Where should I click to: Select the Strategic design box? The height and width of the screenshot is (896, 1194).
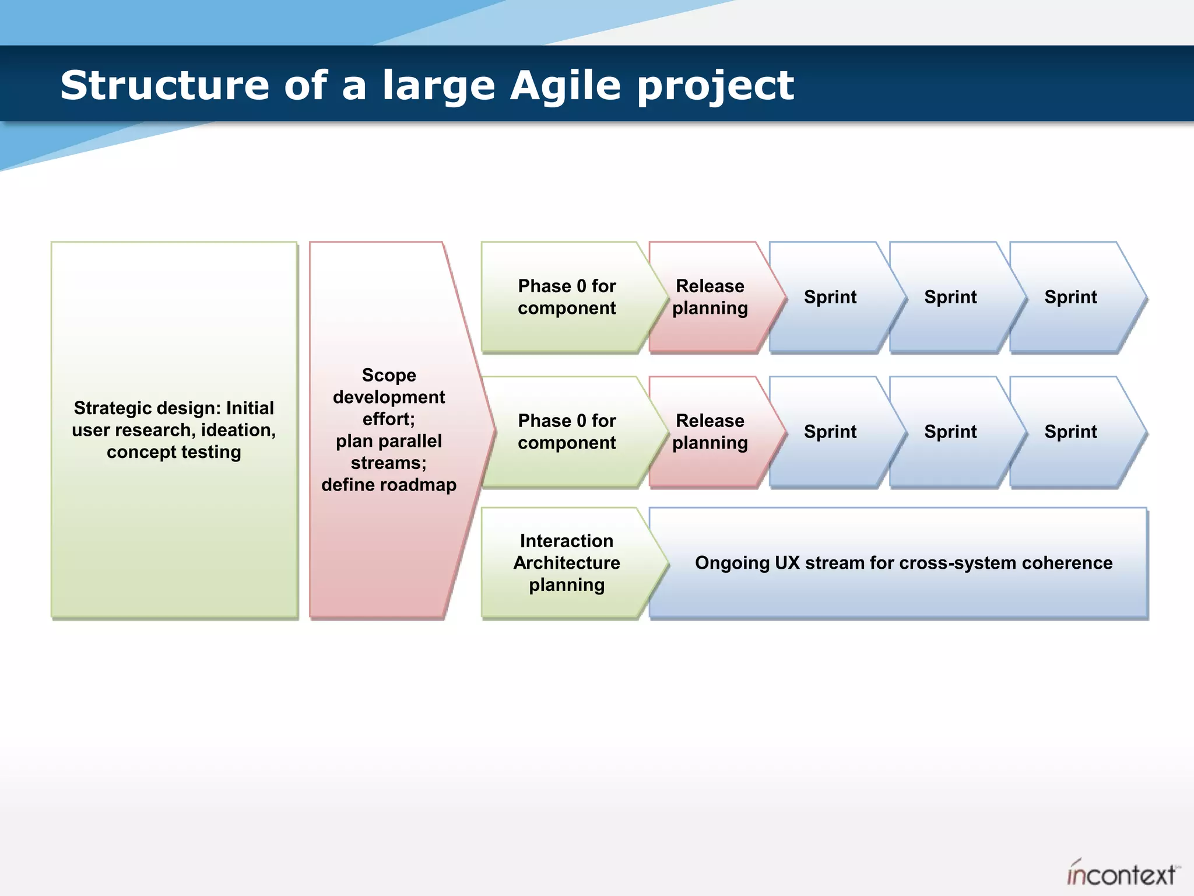point(174,430)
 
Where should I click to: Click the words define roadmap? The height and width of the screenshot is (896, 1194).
point(389,485)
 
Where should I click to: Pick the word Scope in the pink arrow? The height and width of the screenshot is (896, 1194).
point(389,375)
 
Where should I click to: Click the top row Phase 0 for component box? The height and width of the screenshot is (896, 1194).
point(567,297)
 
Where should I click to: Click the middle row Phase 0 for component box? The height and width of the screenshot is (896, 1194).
point(567,432)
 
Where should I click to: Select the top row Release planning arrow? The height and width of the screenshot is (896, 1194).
point(710,297)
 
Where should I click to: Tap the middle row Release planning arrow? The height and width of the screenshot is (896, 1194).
point(710,432)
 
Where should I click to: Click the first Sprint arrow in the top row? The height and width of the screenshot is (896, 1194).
point(830,297)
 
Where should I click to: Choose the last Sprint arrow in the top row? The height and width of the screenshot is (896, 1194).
point(1070,297)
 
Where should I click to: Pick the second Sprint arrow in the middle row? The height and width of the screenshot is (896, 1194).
point(950,432)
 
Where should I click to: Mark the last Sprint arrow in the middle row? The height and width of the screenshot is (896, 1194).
point(1070,432)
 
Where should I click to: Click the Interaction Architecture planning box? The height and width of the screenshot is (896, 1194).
point(567,563)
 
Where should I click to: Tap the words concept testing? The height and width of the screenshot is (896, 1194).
point(174,452)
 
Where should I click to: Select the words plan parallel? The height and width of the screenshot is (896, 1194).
point(389,441)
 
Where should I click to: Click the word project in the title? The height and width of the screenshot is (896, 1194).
point(715,85)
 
